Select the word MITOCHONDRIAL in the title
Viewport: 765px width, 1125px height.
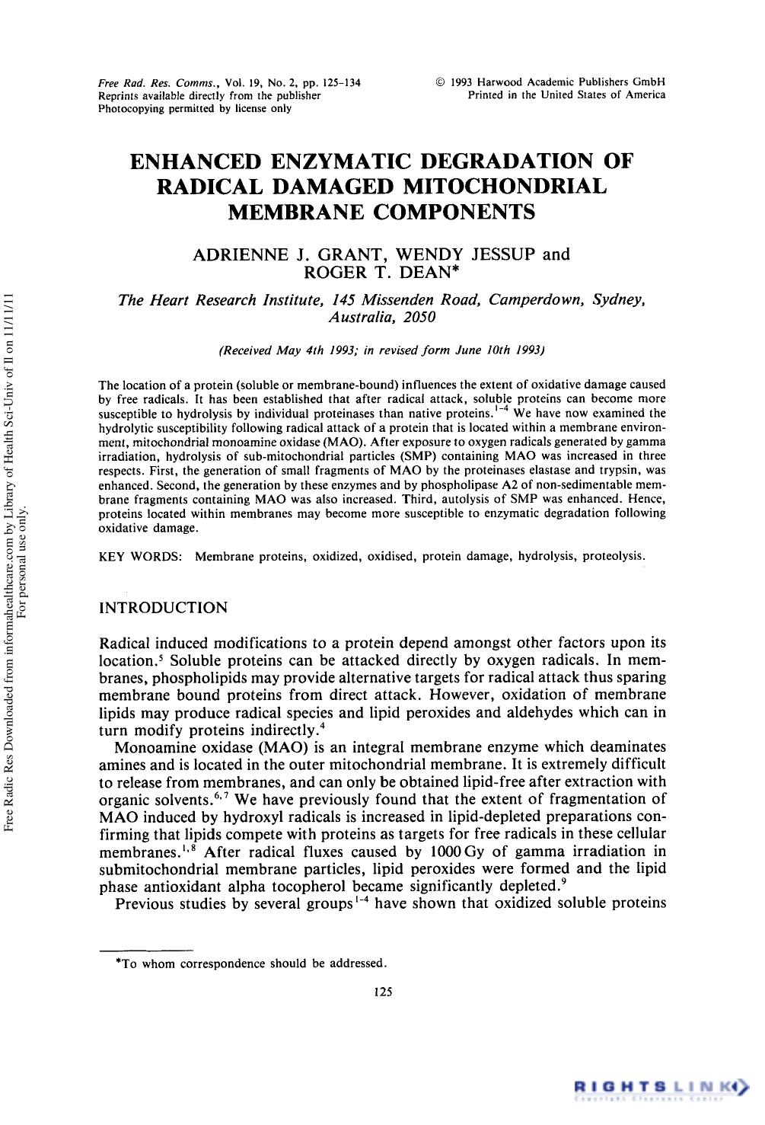coord(508,186)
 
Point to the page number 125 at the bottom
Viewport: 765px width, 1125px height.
coord(383,991)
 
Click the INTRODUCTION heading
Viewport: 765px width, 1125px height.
coord(164,608)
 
